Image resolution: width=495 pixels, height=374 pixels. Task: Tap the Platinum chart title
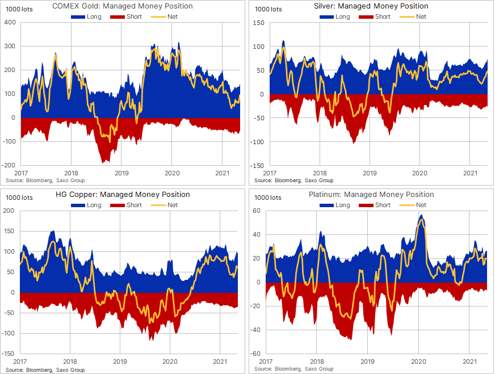(371, 195)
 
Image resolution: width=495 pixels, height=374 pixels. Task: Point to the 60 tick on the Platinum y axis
(257, 211)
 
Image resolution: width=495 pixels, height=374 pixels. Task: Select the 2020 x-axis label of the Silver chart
(420, 173)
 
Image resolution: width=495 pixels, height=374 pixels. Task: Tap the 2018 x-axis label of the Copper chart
(70, 362)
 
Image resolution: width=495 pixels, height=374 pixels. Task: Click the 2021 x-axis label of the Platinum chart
(469, 362)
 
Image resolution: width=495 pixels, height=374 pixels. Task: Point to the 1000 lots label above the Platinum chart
(269, 197)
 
